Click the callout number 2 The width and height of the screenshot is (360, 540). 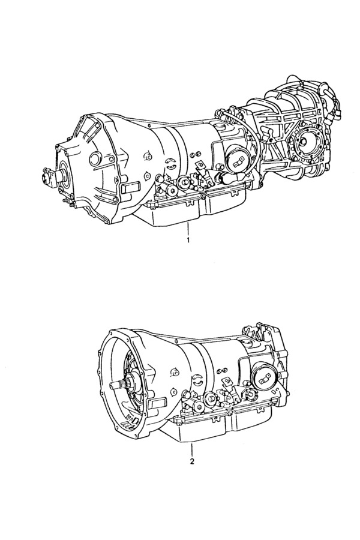(x=192, y=461)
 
